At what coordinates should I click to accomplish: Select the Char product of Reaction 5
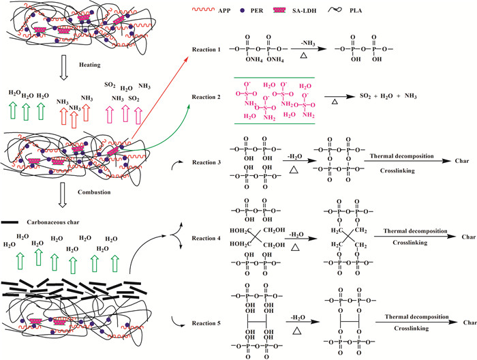pyautogui.click(x=468, y=321)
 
